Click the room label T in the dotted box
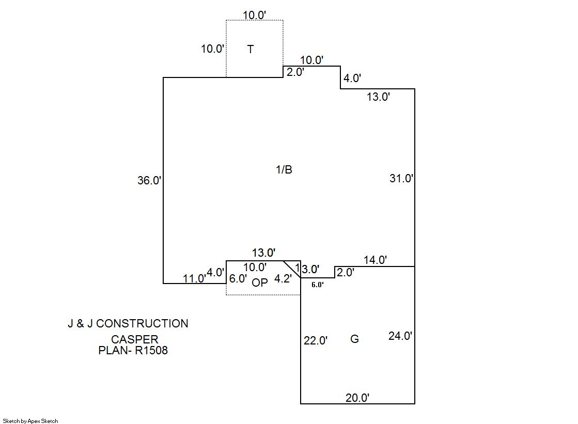coord(251,50)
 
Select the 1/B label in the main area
coord(284,170)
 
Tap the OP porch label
coord(260,282)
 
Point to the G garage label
coord(354,339)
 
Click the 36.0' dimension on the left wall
coord(150,181)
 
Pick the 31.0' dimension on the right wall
coord(401,179)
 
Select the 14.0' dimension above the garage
coord(375,260)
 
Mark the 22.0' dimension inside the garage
coord(316,341)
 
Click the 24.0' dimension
coord(400,336)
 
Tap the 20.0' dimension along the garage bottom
coord(357,398)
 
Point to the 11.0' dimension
coord(195,279)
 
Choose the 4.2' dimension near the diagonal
coord(283,279)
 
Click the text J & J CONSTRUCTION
coord(128,324)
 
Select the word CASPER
coord(135,340)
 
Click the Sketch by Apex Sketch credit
coord(30,421)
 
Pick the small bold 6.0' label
coord(318,285)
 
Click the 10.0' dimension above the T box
coord(255,15)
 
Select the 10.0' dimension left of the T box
coord(213,50)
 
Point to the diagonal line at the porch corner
coord(292,269)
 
